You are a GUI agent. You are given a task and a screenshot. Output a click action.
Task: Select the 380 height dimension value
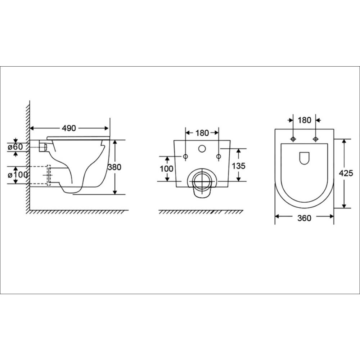tap(114, 167)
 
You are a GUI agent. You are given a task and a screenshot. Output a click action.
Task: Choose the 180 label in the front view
tap(202, 133)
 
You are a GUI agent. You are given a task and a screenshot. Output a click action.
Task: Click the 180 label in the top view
tap(305, 120)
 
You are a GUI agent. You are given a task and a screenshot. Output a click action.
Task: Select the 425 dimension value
tap(346, 173)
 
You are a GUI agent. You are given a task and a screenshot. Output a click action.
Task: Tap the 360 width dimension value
tap(304, 217)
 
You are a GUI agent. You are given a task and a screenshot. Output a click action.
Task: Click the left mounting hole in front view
tap(185, 156)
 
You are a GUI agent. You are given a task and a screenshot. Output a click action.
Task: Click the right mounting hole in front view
tap(219, 156)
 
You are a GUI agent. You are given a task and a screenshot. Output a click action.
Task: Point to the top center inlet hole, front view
tap(202, 148)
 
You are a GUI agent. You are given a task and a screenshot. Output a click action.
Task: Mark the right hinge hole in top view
tap(315, 139)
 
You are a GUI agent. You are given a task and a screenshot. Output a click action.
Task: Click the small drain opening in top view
tap(304, 158)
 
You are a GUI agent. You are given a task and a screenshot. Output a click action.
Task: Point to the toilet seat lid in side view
tap(77, 137)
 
